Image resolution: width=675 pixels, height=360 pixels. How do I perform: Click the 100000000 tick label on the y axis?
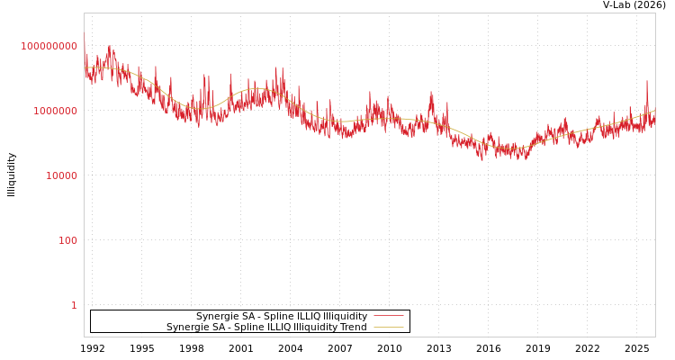[49, 46]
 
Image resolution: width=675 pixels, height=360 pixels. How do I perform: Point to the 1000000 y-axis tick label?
[55, 111]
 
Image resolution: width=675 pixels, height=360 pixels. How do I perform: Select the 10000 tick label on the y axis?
[61, 175]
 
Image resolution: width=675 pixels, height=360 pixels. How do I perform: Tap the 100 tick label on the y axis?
[67, 240]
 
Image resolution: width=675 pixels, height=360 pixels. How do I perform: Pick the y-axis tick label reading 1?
[74, 305]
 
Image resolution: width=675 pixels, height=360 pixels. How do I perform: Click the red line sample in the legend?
[388, 316]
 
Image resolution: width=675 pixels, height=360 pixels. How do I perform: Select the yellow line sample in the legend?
[388, 328]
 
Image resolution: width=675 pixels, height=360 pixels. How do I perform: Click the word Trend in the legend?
[353, 328]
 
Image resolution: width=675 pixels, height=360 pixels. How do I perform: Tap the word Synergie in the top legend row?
[218, 317]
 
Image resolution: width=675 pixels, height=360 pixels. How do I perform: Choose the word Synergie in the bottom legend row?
[188, 328]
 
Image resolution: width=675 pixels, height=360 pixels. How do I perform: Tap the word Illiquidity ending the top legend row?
[345, 317]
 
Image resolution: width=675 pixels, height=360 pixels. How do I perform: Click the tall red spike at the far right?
[646, 83]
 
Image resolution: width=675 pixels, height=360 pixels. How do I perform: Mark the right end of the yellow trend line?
[654, 111]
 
